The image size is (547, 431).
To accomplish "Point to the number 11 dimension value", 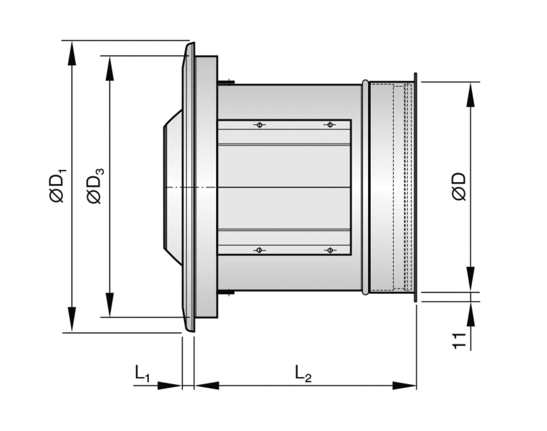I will tap(459, 340).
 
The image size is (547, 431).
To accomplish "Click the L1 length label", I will tap(142, 374).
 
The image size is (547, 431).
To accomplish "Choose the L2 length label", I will tap(303, 374).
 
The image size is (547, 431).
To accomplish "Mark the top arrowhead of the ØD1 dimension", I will tap(72, 53).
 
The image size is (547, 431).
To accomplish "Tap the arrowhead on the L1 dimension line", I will tap(170, 386).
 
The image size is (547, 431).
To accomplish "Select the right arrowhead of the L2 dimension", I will tap(405, 386).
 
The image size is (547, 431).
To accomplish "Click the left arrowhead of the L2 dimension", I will tap(207, 386).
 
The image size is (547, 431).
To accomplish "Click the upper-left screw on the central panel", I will tap(259, 125).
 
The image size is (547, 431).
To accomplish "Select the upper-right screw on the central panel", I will tap(329, 125).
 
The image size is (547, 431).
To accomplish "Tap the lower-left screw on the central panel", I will tap(259, 250).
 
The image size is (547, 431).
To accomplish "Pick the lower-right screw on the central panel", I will tap(329, 250).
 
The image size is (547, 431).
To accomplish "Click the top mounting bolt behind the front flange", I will tap(226, 83).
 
